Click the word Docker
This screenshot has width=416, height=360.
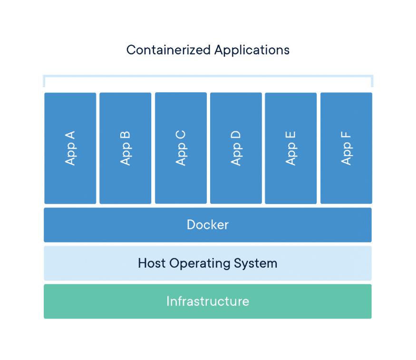point(208,224)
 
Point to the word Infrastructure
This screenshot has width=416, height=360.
point(208,301)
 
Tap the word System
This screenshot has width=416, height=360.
point(257,263)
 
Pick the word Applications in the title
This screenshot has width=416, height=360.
point(252,50)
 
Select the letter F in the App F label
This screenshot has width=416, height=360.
point(346,133)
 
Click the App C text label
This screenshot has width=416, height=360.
point(181,147)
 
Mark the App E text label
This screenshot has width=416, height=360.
point(291,147)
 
